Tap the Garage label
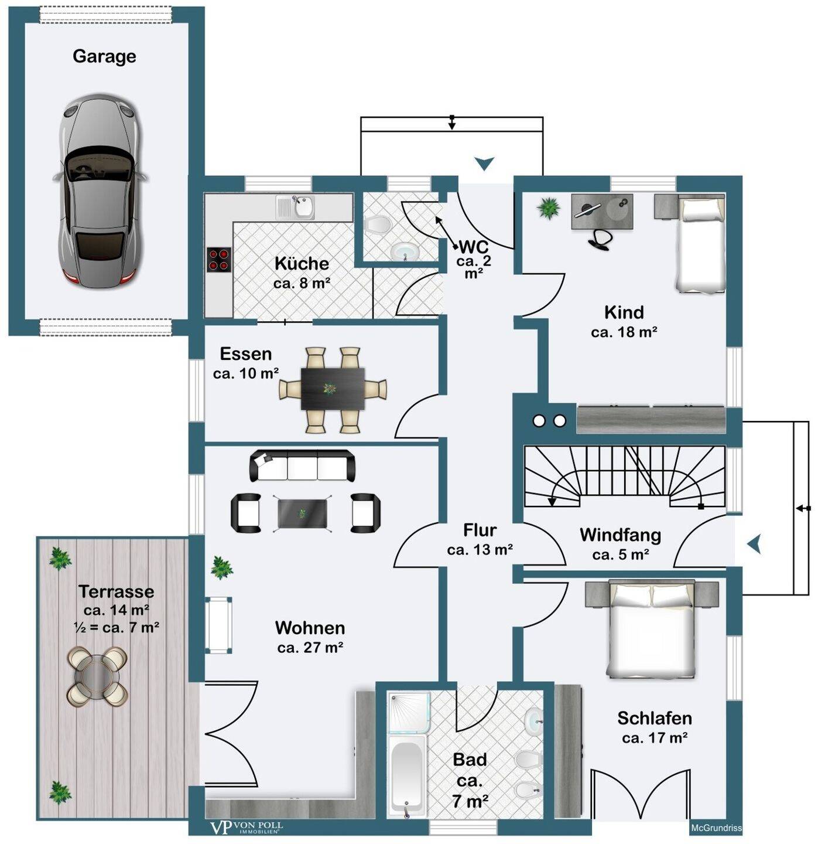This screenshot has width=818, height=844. [104, 56]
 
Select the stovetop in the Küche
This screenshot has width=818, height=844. [219, 260]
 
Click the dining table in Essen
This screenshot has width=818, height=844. [333, 389]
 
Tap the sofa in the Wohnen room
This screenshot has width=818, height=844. [302, 465]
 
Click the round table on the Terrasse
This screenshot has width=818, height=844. [97, 676]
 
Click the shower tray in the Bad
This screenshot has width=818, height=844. [409, 712]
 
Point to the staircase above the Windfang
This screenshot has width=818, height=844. [625, 476]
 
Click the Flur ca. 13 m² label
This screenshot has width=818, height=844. [480, 540]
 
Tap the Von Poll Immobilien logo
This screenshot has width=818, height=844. [246, 828]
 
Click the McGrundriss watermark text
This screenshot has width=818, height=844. [716, 828]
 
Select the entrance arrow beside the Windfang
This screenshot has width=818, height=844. [754, 544]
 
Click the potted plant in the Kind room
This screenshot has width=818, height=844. [549, 207]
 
